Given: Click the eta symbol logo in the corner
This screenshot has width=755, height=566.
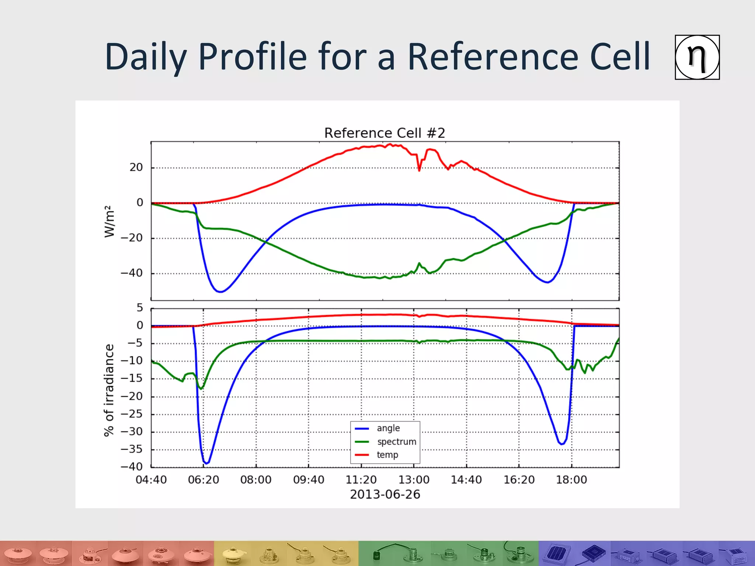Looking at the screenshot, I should [x=697, y=57].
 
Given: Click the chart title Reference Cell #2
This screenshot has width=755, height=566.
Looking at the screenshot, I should [x=385, y=133].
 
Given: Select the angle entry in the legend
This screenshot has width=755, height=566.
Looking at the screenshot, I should [x=388, y=428].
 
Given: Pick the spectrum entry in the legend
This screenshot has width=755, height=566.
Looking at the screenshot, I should [x=396, y=441].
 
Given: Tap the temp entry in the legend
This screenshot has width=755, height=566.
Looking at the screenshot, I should [x=387, y=455].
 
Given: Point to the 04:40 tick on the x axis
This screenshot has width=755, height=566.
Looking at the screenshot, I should [x=151, y=480].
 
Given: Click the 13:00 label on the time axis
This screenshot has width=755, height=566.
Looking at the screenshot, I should [x=414, y=480].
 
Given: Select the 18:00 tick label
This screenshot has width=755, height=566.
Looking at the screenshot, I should [x=571, y=480].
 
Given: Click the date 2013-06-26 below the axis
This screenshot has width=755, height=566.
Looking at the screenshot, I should [x=385, y=495].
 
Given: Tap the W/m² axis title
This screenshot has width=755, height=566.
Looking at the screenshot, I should [x=109, y=221].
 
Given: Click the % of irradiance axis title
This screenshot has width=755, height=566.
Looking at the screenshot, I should [x=109, y=390].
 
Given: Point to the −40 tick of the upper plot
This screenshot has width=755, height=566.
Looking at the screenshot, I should [x=132, y=273].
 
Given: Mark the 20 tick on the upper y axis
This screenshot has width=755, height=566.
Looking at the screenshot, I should [x=136, y=168].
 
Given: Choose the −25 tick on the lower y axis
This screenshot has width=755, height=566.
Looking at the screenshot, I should [x=132, y=414].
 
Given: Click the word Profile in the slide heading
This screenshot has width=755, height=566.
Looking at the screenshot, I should [x=253, y=57].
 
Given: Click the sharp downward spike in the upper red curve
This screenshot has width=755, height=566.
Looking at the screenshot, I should [x=419, y=170].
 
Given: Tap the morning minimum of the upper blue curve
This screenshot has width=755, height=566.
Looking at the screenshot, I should [x=220, y=292].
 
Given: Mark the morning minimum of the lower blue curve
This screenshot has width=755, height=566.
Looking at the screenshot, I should [x=206, y=463].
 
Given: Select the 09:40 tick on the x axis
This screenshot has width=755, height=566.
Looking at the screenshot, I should [x=309, y=480].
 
